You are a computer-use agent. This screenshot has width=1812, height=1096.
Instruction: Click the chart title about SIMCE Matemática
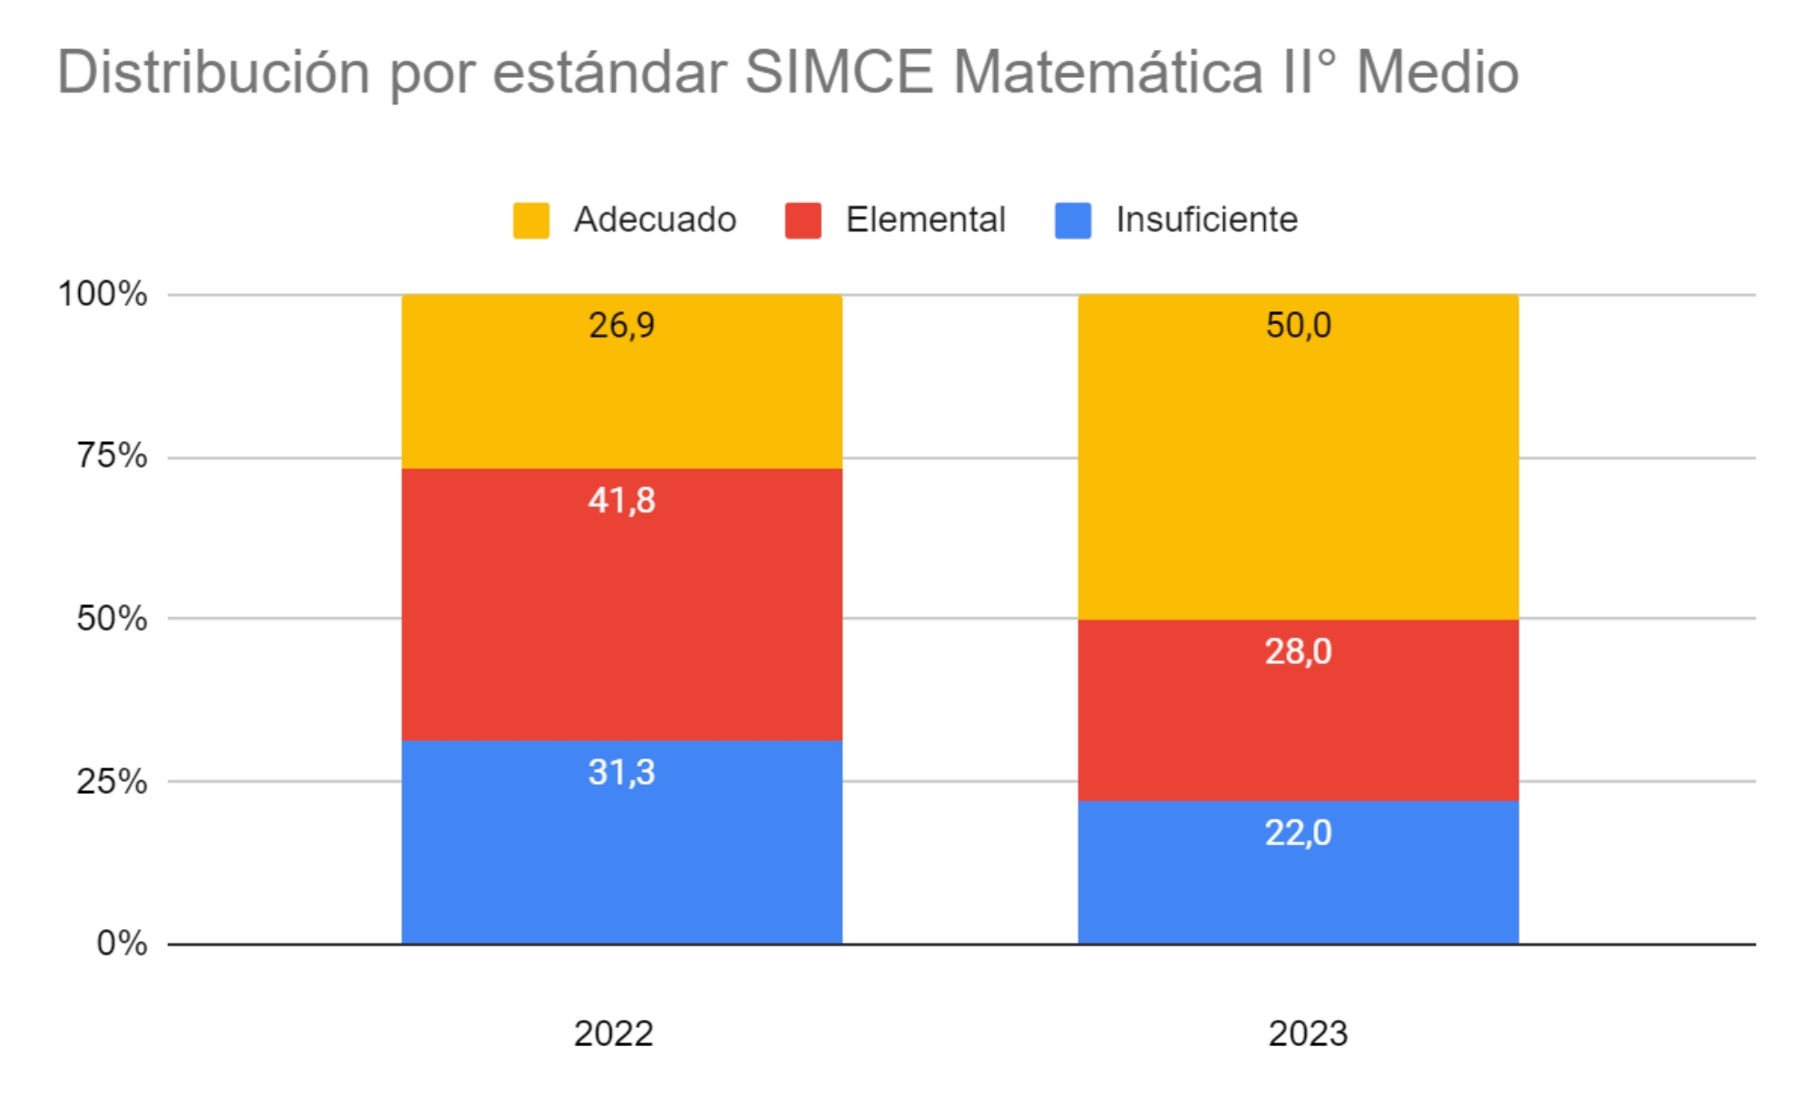point(787,72)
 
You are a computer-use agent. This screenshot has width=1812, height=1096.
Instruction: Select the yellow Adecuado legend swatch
point(531,220)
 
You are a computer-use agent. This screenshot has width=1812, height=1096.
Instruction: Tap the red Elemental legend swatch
point(803,220)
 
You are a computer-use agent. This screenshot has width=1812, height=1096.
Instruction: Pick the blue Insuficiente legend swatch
point(1073,220)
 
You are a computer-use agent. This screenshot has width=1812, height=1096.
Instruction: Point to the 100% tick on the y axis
point(102,294)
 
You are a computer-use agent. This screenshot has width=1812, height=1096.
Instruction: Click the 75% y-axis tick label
point(112,455)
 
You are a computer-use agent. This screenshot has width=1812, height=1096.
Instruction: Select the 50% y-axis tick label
point(112,619)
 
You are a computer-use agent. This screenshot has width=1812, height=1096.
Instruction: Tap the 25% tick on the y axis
point(112,781)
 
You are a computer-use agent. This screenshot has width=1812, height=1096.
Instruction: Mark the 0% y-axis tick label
point(122,944)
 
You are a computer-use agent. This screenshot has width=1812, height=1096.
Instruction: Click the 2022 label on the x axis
point(613,1033)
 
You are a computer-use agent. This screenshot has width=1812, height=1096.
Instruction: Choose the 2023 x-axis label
point(1307,1033)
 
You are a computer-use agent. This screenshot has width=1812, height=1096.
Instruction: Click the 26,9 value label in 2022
point(621,325)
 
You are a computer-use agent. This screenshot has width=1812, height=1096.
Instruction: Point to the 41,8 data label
point(621,500)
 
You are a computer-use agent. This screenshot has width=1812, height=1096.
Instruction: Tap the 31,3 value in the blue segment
point(621,772)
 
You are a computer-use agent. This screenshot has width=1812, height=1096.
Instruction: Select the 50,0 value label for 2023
point(1298,325)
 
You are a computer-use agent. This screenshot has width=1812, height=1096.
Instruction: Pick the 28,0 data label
point(1298,651)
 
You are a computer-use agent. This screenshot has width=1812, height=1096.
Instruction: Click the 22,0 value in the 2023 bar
point(1298,833)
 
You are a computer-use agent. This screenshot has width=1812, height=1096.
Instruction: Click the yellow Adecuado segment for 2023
point(1298,472)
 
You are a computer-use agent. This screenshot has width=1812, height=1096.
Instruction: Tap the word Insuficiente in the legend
point(1206,220)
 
